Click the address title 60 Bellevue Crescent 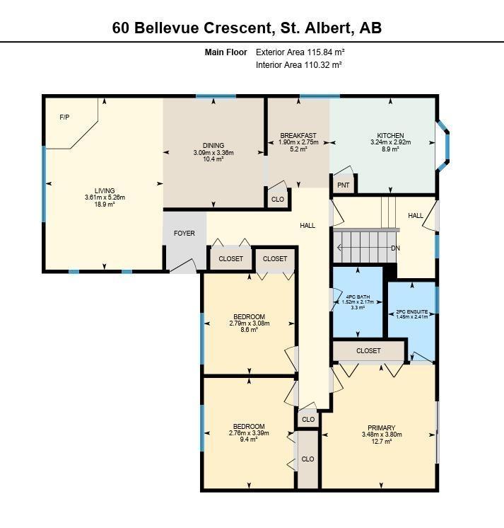(x=247, y=28)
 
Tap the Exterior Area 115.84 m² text (x=300, y=52)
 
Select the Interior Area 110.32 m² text (x=298, y=65)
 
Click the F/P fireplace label (x=65, y=117)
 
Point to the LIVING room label (x=105, y=191)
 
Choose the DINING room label (x=213, y=145)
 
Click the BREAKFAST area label (x=298, y=136)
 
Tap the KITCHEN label (x=390, y=136)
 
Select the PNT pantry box (x=344, y=185)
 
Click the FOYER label (x=184, y=234)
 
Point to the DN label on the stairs (x=396, y=248)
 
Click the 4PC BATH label (x=358, y=296)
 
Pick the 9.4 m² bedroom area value (x=248, y=440)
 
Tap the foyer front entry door (x=183, y=266)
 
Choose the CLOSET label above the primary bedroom (x=368, y=351)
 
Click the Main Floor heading (x=225, y=52)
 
